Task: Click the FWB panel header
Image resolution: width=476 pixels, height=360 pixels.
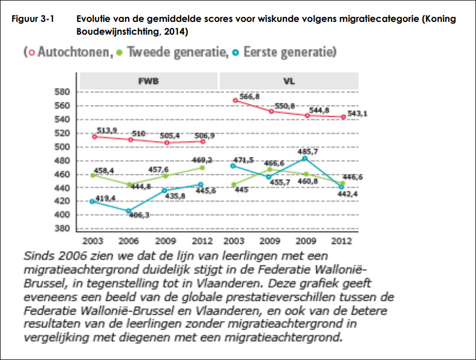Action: tap(149, 82)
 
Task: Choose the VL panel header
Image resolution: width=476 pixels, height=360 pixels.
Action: tap(289, 82)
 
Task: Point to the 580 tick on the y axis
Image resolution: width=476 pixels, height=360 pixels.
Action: tap(62, 92)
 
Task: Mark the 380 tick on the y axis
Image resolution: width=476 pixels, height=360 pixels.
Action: tap(62, 229)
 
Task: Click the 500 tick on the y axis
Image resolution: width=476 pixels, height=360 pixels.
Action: tap(62, 147)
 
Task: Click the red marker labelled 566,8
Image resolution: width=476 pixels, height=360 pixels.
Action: tap(235, 100)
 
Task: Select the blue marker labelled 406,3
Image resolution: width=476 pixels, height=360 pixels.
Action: tap(129, 211)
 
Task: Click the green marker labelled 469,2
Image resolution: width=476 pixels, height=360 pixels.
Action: tap(202, 167)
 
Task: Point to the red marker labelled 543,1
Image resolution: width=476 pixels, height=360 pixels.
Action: tap(343, 117)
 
